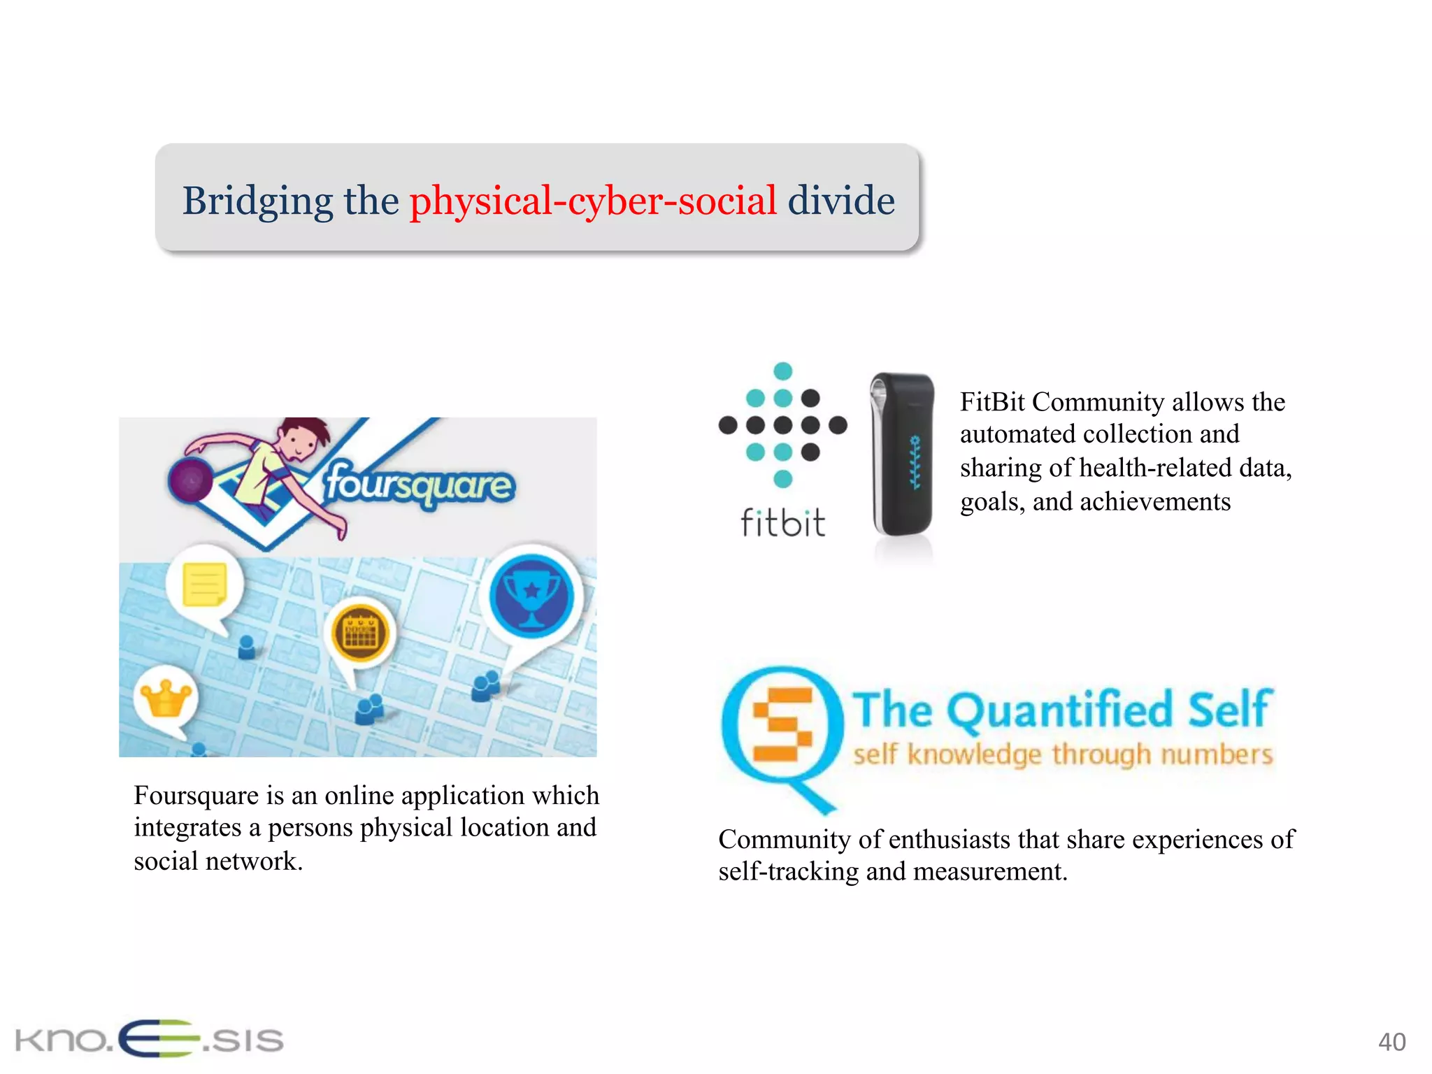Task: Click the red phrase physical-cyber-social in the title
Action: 593,201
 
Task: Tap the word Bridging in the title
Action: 257,201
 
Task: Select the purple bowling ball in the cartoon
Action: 190,481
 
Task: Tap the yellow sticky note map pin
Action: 204,585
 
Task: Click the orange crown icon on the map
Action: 166,698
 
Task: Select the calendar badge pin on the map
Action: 361,633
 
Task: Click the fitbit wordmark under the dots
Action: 783,523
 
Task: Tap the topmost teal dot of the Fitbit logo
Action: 783,371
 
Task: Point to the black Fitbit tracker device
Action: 902,454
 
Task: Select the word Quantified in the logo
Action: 1060,710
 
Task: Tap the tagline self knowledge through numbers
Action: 1063,755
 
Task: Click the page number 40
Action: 1391,1042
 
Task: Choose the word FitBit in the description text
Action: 992,402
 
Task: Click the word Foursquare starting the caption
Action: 196,796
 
